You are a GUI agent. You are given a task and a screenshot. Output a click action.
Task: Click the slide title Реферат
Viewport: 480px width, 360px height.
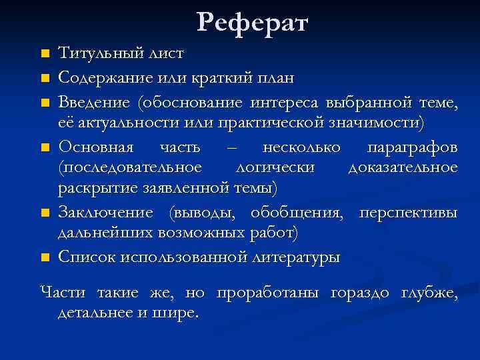253,23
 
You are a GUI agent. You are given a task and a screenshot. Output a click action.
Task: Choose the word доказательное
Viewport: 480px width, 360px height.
403,167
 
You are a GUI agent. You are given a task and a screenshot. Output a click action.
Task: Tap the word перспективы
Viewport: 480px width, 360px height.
408,213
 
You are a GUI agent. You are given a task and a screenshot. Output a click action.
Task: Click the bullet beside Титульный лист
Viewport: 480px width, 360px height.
45,53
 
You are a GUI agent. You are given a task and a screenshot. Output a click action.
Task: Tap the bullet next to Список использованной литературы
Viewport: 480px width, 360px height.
45,257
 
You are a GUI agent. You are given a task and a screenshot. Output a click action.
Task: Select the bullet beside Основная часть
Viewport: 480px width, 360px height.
45,147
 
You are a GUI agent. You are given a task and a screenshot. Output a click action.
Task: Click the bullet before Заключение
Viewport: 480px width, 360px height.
45,213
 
